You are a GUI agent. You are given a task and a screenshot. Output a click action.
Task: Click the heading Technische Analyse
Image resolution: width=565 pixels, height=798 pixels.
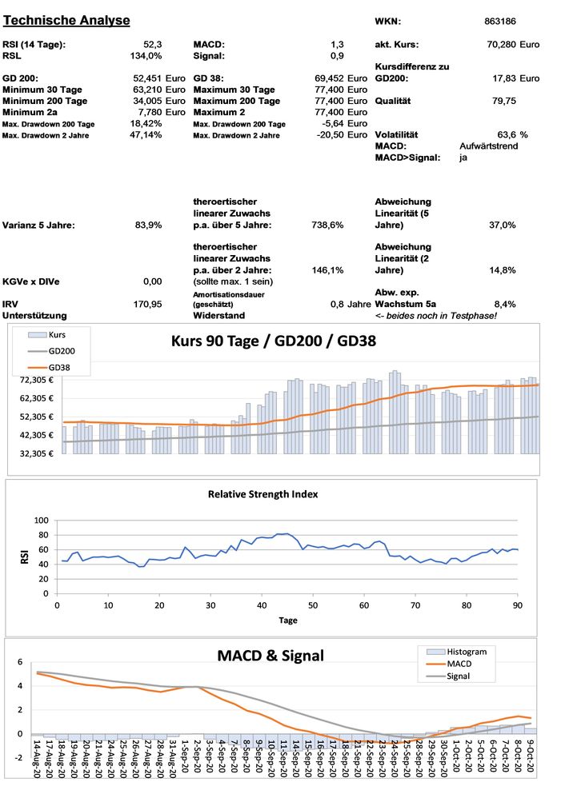67,20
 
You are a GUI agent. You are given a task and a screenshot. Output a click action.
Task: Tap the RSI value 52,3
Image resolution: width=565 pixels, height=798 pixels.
152,45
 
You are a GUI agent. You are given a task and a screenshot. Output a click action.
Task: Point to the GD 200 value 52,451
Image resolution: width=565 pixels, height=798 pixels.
148,79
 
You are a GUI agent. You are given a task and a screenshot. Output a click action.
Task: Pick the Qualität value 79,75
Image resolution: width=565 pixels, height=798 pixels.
503,102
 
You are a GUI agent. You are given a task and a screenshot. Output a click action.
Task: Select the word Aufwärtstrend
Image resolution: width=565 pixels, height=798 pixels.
489,146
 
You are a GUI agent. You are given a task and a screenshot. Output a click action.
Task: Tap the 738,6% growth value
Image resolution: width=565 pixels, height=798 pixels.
327,225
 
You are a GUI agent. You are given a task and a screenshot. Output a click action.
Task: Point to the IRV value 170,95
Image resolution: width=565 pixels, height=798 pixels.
148,304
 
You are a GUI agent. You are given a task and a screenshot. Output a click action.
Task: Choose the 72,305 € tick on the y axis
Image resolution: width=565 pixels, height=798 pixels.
34,380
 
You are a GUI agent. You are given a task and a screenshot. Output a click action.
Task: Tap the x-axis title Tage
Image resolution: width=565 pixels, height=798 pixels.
288,620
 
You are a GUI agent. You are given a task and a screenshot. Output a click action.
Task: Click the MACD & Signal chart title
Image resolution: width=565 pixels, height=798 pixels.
270,656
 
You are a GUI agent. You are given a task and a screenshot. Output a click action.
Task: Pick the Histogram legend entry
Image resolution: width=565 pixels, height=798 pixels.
467,652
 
